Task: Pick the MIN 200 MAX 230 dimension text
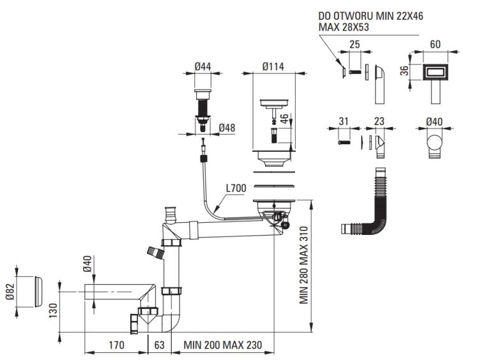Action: coord(223,345)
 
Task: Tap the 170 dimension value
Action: coord(116,345)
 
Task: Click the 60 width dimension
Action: coord(436,45)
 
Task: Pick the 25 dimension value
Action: coord(356,45)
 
